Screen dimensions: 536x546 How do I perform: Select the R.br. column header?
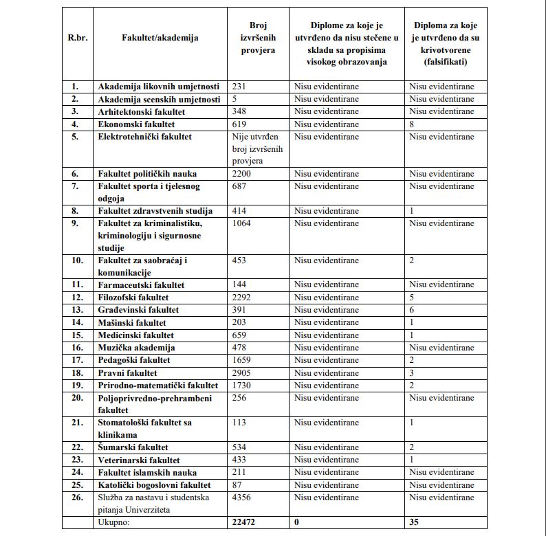78,38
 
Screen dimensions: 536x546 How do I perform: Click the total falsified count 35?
415,522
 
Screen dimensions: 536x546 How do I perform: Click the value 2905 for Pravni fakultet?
243,373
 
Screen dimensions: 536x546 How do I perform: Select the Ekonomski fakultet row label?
136,124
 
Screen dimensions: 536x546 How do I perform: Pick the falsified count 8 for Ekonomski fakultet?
411,124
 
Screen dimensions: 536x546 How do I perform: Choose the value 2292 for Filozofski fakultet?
243,298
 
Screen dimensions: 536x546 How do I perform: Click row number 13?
77,310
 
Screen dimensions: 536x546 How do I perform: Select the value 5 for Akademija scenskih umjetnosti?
235,99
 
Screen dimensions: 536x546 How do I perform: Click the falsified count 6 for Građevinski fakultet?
411,310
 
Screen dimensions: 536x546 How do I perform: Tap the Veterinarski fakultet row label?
139,460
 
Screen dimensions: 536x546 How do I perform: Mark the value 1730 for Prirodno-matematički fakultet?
243,386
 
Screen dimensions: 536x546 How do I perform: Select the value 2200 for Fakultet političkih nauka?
243,174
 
